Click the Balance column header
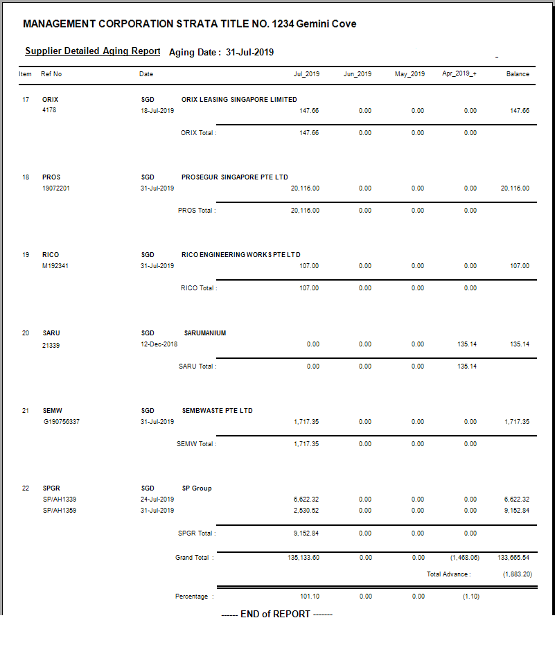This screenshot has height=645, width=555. [518, 74]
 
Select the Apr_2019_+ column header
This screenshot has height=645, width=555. [459, 74]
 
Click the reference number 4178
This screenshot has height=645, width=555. [49, 111]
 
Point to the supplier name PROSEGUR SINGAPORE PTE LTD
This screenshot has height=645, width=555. [235, 177]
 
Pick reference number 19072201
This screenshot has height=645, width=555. [56, 188]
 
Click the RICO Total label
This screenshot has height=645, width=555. [198, 288]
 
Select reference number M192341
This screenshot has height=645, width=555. [55, 266]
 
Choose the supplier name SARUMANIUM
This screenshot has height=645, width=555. [205, 333]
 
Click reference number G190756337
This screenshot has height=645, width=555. [61, 422]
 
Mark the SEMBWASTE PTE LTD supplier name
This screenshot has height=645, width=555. [218, 411]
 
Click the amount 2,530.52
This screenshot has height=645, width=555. [306, 511]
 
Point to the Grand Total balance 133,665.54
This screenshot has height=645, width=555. [516, 558]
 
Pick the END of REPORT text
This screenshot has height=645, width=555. [277, 615]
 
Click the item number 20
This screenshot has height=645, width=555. [26, 333]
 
